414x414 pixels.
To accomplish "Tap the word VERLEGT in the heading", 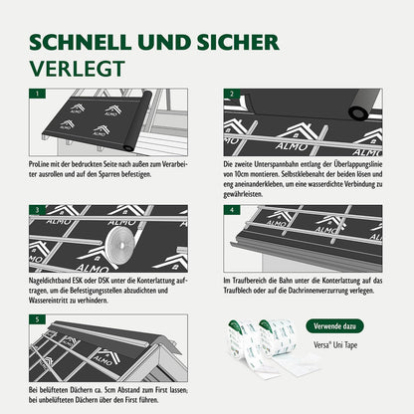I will tap(75, 70).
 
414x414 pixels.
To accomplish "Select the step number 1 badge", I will tap(37, 95).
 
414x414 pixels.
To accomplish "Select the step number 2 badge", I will tap(231, 95).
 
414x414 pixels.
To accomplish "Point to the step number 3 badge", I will tap(37, 211).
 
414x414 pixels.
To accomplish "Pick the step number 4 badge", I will tap(231, 211).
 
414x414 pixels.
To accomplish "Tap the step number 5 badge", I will tap(37, 320).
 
